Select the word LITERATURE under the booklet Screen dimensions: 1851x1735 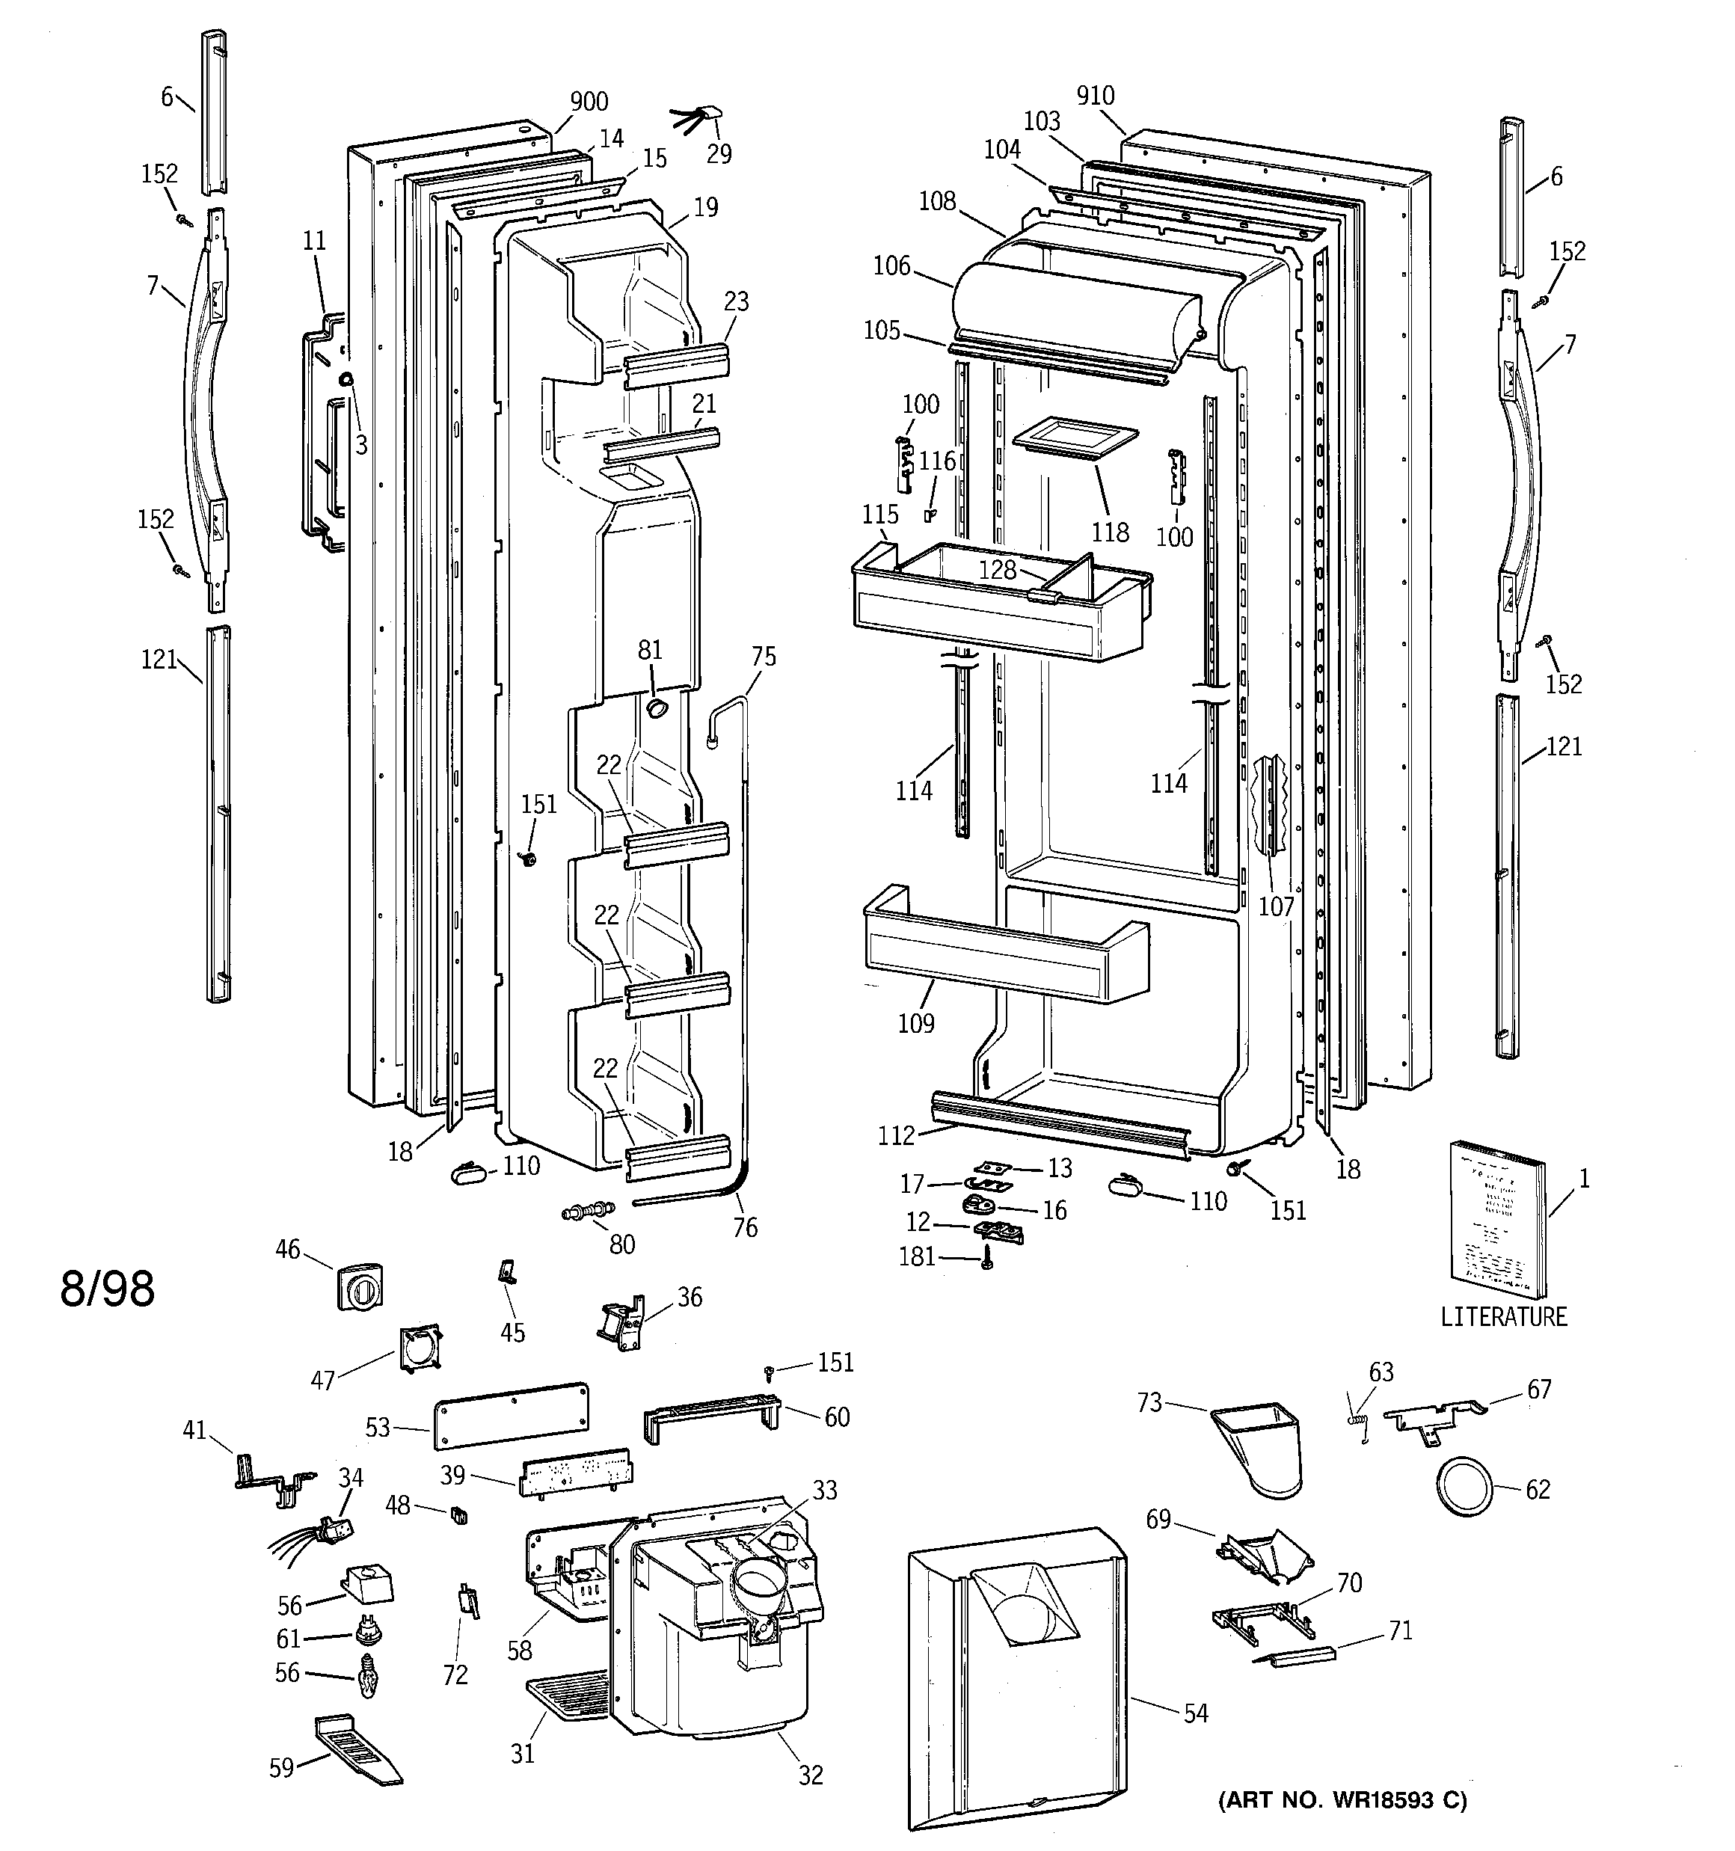click(1503, 1316)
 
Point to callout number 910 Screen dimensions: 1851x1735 click(1094, 96)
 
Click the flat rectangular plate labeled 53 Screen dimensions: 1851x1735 click(510, 1414)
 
